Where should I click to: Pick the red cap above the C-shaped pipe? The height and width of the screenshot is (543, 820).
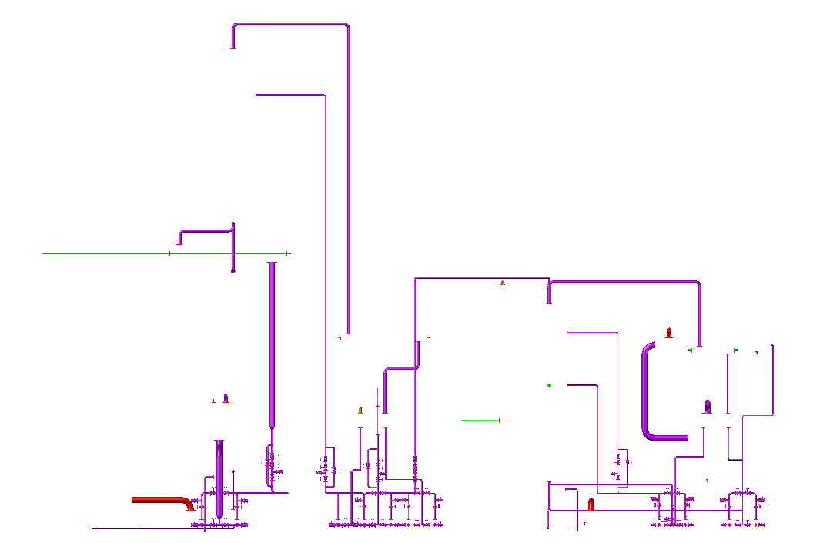669,333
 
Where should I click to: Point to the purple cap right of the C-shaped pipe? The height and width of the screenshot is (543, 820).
708,406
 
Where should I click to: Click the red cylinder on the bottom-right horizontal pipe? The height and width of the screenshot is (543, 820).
591,504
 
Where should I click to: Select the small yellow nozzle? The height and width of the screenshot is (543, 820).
360,411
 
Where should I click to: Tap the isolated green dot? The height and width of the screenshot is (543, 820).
549,385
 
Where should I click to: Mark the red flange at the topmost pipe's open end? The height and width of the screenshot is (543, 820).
233,47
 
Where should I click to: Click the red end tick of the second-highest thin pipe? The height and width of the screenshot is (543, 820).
256,95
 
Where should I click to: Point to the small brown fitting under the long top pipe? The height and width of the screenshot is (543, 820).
503,283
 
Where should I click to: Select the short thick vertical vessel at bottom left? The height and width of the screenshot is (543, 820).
219,478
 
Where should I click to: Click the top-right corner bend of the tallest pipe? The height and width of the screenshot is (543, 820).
346,26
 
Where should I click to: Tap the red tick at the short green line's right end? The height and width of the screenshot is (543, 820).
500,421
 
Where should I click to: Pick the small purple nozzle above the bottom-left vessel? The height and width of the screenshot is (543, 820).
226,398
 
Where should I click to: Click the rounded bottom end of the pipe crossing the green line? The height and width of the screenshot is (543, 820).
233,270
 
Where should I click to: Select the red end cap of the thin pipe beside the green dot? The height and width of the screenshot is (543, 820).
568,385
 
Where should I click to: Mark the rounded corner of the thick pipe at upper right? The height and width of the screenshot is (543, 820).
698,284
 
